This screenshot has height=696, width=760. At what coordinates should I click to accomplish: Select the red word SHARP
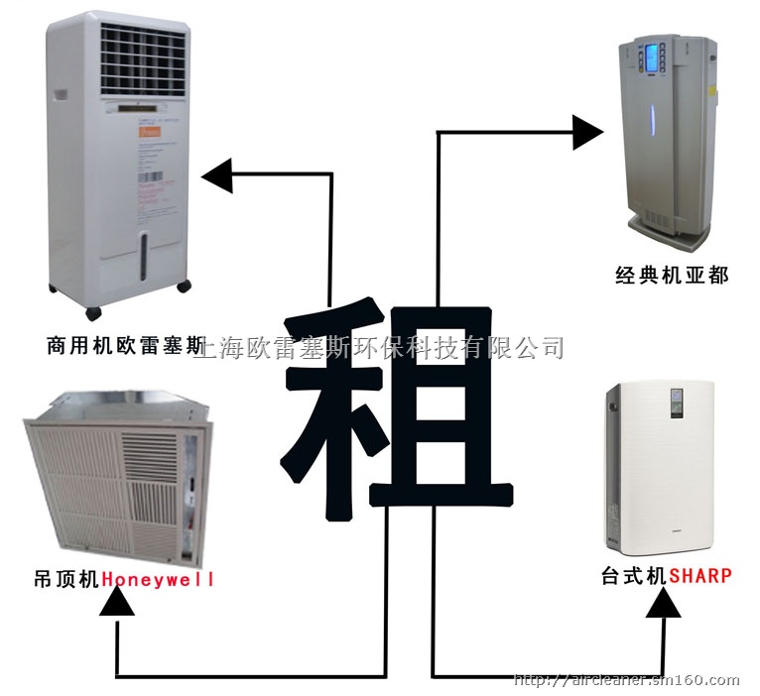click(x=700, y=575)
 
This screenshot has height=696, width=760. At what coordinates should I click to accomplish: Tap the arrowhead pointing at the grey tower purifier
click(x=587, y=131)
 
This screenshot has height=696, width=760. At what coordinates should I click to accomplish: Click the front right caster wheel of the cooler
click(x=183, y=287)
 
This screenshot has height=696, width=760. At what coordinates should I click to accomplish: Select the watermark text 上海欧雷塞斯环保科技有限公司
click(x=382, y=347)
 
